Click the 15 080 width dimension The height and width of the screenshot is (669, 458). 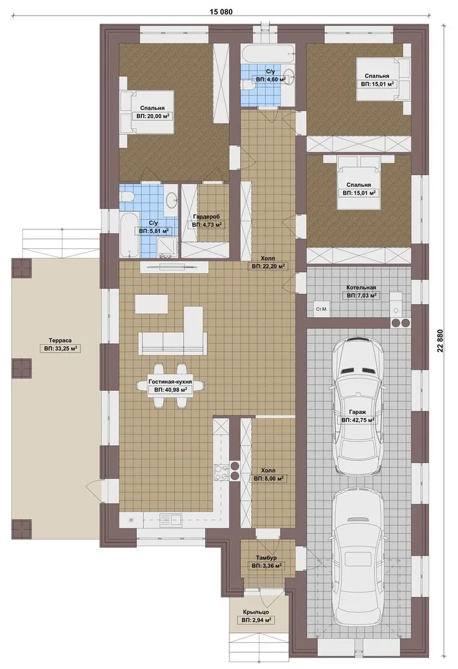click(221, 12)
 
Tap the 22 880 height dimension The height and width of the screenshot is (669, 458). click(440, 341)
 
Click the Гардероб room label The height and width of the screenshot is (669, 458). click(206, 216)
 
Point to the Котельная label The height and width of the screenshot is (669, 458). click(361, 287)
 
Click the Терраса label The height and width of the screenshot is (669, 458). click(60, 341)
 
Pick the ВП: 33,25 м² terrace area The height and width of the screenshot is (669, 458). click(60, 349)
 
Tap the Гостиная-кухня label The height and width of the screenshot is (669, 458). click(170, 382)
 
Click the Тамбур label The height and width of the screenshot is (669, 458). click(266, 557)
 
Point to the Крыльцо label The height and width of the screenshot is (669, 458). click(257, 612)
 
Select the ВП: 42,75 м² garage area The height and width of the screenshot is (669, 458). click(358, 420)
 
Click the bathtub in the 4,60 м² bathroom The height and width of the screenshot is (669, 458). click(267, 54)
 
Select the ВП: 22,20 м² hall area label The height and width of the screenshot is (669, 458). click(267, 266)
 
